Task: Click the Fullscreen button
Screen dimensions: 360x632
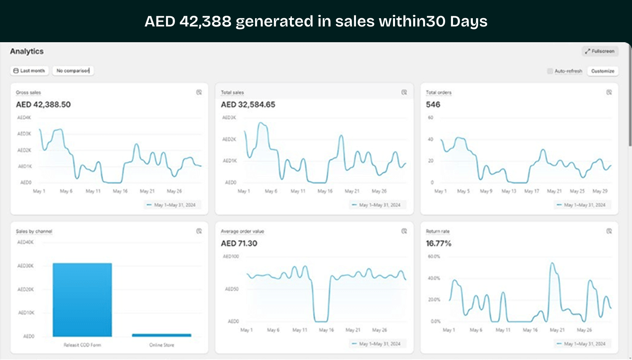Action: pyautogui.click(x=600, y=51)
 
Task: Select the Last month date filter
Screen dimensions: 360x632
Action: pyautogui.click(x=29, y=71)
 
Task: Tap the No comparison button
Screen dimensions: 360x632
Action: pyautogui.click(x=73, y=71)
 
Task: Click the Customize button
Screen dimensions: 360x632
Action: pyautogui.click(x=602, y=71)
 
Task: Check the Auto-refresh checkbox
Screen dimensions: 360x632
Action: pyautogui.click(x=550, y=71)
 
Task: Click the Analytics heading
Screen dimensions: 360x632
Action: pyautogui.click(x=27, y=51)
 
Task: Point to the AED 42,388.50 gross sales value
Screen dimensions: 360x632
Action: pyautogui.click(x=43, y=105)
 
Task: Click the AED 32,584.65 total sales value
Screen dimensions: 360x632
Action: pyautogui.click(x=248, y=105)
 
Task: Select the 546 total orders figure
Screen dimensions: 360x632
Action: pyautogui.click(x=433, y=105)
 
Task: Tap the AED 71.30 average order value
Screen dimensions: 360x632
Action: pyautogui.click(x=239, y=244)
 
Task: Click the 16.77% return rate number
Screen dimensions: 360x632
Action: pyautogui.click(x=438, y=244)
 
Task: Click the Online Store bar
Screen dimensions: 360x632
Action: pyautogui.click(x=162, y=335)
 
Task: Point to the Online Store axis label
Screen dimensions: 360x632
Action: pyautogui.click(x=162, y=345)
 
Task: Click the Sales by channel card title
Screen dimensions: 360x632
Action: pyautogui.click(x=34, y=231)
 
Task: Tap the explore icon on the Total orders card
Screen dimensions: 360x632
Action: pyautogui.click(x=609, y=92)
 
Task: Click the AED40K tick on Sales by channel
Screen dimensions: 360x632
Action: pyautogui.click(x=25, y=242)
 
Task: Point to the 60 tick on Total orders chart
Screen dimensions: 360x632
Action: pyautogui.click(x=431, y=118)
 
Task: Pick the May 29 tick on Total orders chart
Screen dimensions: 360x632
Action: pyautogui.click(x=600, y=191)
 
